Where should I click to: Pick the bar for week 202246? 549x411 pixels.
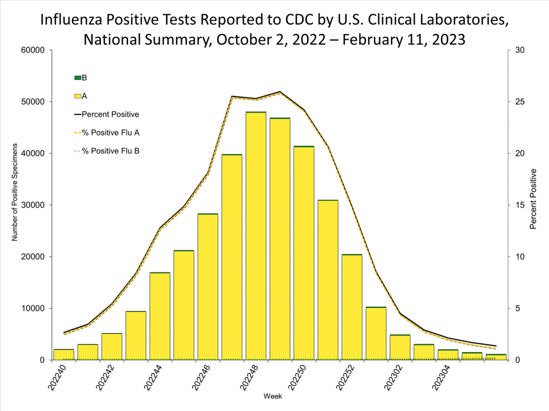pyautogui.click(x=208, y=287)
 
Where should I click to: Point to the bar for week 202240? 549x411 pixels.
pyautogui.click(x=64, y=355)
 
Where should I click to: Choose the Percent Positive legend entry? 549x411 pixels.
pyautogui.click(x=107, y=115)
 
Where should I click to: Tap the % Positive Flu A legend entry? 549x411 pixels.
pyautogui.click(x=107, y=133)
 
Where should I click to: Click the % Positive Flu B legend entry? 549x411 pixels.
pyautogui.click(x=107, y=151)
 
